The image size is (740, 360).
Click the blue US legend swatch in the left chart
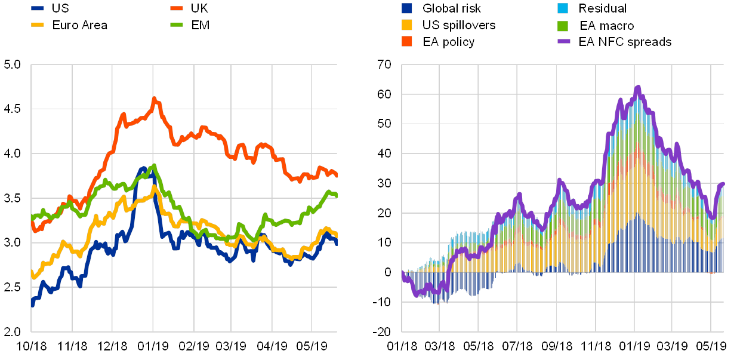pyautogui.click(x=38, y=9)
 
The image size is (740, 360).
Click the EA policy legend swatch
pyautogui.click(x=407, y=42)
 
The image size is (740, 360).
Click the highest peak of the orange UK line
pyautogui.click(x=154, y=99)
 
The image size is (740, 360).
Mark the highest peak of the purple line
pyautogui.click(x=638, y=87)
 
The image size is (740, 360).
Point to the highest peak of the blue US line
pyautogui.click(x=143, y=168)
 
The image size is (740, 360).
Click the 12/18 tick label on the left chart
pyautogui.click(x=113, y=346)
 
